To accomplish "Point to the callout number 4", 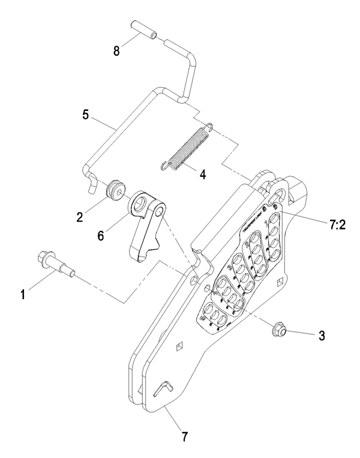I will pyautogui.click(x=202, y=176).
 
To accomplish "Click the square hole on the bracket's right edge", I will pyautogui.click(x=280, y=282).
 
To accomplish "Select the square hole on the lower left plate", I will pyautogui.click(x=178, y=345).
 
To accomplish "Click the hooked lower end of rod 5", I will pyautogui.click(x=91, y=182).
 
